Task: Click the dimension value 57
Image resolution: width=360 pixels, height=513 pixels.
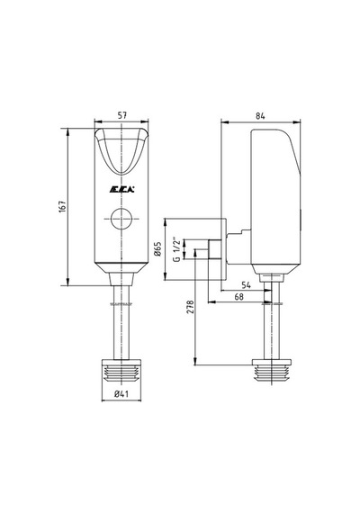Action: click(122, 115)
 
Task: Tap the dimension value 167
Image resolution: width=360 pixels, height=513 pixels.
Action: click(62, 207)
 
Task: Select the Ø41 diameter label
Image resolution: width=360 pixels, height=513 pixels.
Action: click(121, 394)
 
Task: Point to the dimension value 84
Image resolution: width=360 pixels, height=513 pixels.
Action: click(260, 116)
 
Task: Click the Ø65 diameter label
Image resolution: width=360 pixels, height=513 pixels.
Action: click(157, 249)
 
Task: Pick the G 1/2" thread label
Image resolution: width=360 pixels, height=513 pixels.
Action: click(176, 249)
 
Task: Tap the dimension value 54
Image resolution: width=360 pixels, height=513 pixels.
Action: click(246, 285)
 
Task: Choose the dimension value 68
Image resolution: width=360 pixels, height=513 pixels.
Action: click(239, 297)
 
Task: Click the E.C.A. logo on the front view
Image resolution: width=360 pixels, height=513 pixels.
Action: click(121, 189)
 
